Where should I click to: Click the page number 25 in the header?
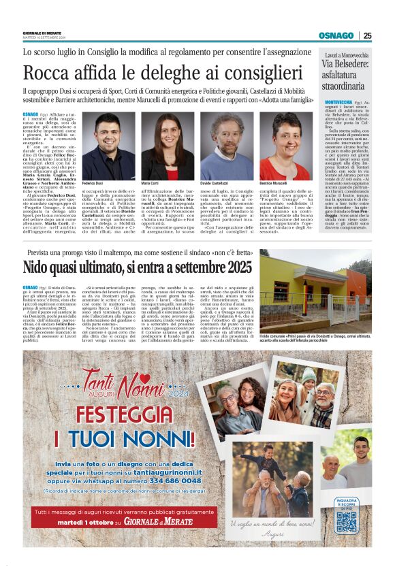pyautogui.click(x=367, y=35)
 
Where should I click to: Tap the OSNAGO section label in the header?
pyautogui.click(x=336, y=35)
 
